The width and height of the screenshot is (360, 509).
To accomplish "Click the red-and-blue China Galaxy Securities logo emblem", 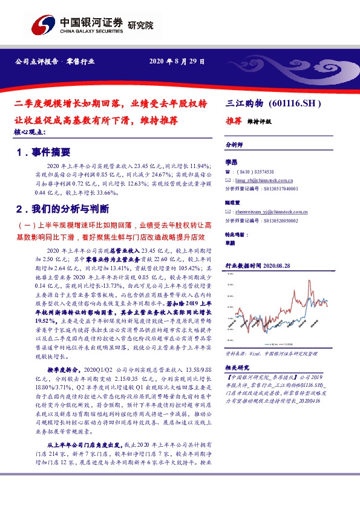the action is coord(42,25).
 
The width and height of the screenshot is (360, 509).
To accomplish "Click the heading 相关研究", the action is coord(237,368).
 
